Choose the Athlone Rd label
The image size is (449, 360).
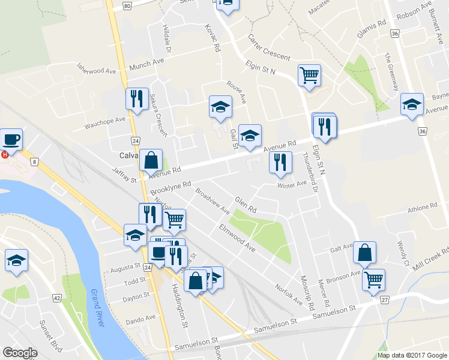pos(423,207)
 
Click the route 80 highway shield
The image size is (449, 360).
pos(127,5)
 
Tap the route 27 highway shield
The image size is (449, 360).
pos(385,299)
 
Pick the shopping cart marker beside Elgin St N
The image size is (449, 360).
pos(309,76)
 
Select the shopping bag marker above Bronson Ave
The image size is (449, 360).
pos(364,253)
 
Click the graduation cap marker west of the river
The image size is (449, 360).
pos(16,261)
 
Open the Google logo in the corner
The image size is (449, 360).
pos(20,353)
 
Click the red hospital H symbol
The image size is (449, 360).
pos(5,154)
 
